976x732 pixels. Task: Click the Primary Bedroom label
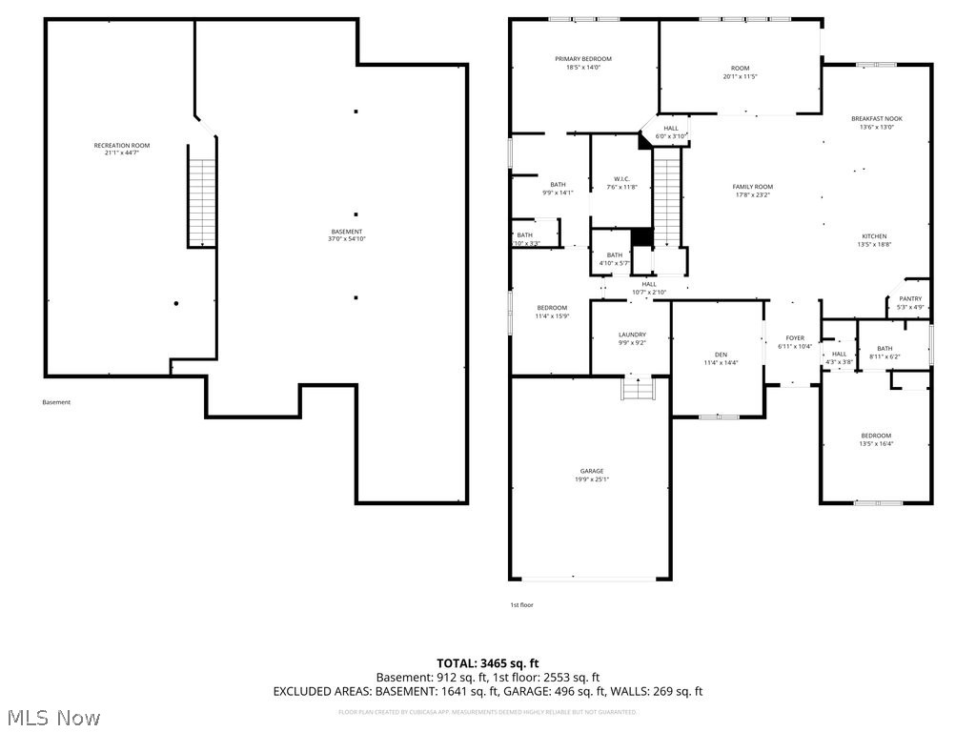coord(583,59)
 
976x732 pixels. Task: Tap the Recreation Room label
coord(121,145)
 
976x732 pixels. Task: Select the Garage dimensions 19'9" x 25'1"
coord(592,479)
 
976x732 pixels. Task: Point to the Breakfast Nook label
coord(876,118)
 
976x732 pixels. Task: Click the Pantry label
coord(910,298)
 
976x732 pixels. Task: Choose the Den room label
coord(721,354)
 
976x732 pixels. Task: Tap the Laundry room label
coord(632,335)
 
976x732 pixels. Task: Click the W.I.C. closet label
coord(621,178)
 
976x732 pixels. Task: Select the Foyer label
coord(795,337)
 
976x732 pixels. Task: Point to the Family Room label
coord(752,187)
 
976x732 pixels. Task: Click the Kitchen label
coord(874,236)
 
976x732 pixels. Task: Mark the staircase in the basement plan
coord(202,203)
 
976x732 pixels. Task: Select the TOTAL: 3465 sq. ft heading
coord(488,663)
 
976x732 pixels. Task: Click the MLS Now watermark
coord(52,717)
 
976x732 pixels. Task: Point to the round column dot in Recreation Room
coord(176,304)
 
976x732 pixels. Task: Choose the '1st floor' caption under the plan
coord(521,605)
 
